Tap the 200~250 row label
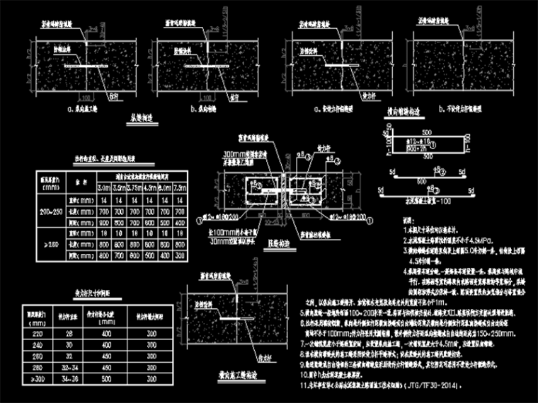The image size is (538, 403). pos(51,212)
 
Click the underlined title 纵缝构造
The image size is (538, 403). pos(139,120)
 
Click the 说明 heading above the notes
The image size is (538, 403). pos(408,220)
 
